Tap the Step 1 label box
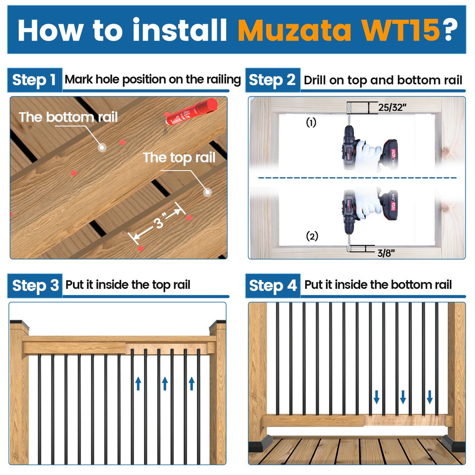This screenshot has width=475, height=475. [34, 80]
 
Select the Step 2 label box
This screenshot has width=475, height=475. [272, 80]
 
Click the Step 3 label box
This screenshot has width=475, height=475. [35, 285]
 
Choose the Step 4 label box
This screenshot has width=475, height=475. [273, 285]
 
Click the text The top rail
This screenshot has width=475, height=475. [179, 158]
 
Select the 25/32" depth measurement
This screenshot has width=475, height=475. [390, 107]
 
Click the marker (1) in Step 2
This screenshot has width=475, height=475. [311, 123]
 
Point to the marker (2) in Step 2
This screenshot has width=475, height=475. [312, 236]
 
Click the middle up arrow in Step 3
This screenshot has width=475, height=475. [165, 383]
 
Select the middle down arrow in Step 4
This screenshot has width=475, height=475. [403, 396]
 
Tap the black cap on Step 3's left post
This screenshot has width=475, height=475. [19, 324]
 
